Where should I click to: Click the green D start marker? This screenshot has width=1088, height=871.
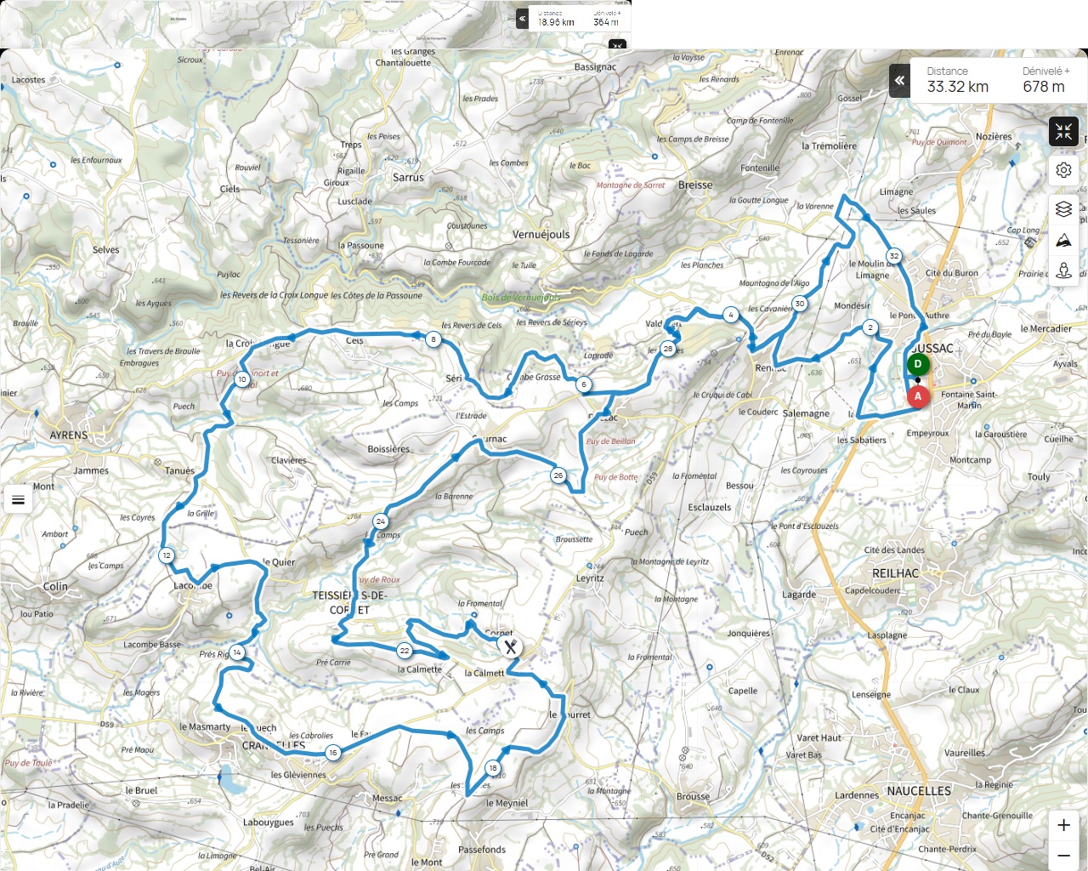pyautogui.click(x=917, y=364)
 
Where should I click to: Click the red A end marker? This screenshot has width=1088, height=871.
pyautogui.click(x=918, y=396)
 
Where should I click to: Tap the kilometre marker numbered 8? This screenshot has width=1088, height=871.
pyautogui.click(x=433, y=339)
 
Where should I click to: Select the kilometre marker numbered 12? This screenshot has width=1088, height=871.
pyautogui.click(x=167, y=555)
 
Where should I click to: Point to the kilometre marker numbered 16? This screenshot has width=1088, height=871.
pyautogui.click(x=333, y=753)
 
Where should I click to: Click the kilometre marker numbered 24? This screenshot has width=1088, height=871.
pyautogui.click(x=380, y=521)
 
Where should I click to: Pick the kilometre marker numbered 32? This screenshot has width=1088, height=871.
pyautogui.click(x=894, y=256)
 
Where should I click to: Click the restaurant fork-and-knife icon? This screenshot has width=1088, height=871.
pyautogui.click(x=510, y=647)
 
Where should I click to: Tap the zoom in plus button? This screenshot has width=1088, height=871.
pyautogui.click(x=1063, y=825)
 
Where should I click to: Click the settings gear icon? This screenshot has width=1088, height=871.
pyautogui.click(x=1063, y=170)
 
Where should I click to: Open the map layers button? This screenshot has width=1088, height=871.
pyautogui.click(x=1063, y=208)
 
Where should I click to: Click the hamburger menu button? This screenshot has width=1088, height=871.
pyautogui.click(x=19, y=499)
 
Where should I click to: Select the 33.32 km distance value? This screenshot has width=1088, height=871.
pyautogui.click(x=957, y=87)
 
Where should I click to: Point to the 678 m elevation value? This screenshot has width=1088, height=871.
pyautogui.click(x=1043, y=87)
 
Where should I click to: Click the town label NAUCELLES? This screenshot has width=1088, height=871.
pyautogui.click(x=919, y=791)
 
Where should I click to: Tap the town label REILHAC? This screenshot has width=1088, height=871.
pyautogui.click(x=895, y=573)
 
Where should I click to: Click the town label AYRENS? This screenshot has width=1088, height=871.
pyautogui.click(x=69, y=435)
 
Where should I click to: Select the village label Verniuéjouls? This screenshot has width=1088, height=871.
pyautogui.click(x=541, y=235)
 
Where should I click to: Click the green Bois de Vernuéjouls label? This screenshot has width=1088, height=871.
pyautogui.click(x=520, y=298)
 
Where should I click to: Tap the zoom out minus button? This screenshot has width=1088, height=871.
pyautogui.click(x=1063, y=855)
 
